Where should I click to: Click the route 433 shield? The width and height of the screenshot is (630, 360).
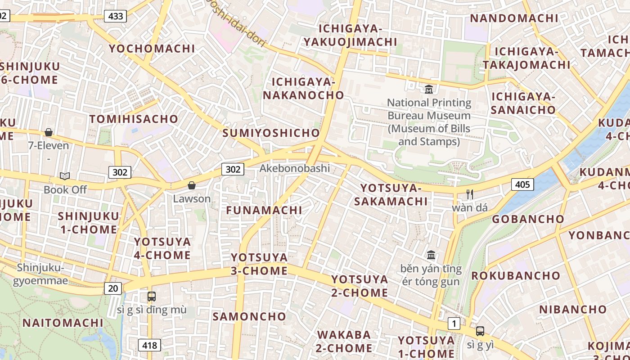point(116,17)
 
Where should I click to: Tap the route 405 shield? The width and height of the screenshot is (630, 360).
point(522,184)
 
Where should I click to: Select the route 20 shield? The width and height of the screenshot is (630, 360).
point(113,288)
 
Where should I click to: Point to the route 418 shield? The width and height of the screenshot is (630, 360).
point(149,345)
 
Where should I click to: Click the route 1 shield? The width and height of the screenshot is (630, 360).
point(454,323)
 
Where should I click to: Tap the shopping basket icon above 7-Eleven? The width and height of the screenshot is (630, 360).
point(49,132)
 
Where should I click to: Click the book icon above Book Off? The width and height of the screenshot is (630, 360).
point(65,176)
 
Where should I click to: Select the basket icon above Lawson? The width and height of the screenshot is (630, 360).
point(192,185)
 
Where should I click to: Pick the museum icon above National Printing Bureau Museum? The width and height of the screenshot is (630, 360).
point(429,89)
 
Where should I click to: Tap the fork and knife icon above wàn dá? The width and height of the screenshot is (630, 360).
point(470,194)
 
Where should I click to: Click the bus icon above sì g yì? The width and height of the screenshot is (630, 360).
point(480,331)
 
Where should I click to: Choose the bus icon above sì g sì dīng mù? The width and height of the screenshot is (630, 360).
point(152,297)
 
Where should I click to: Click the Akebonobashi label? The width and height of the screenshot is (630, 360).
point(295,168)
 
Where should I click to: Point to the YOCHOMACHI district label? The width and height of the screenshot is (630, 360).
point(152,49)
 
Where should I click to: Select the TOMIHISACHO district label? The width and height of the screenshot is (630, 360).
point(134,119)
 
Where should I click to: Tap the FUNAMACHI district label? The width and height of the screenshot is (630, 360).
point(264,210)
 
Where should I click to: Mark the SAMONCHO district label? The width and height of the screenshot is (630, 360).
point(249,316)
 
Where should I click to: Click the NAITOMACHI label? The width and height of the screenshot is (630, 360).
point(63,323)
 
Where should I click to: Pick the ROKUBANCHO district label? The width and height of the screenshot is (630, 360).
point(516,275)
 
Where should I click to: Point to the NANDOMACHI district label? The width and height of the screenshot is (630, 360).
point(514,18)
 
